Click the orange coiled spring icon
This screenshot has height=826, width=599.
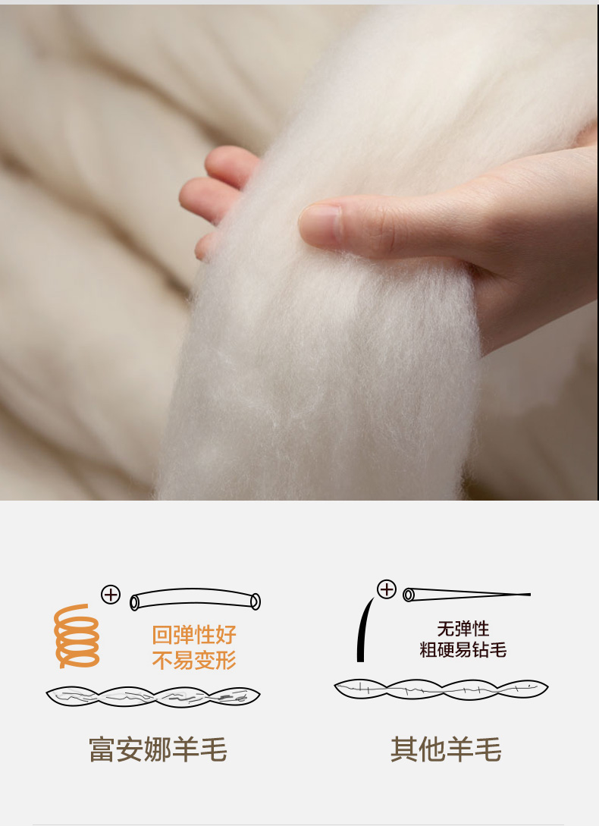click(77, 636)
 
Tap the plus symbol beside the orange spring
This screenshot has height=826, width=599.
click(111, 595)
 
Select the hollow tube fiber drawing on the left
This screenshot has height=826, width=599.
click(196, 599)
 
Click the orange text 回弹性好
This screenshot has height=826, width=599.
click(194, 635)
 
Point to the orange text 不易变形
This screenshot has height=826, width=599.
click(194, 660)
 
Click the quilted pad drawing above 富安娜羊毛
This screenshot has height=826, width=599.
click(153, 696)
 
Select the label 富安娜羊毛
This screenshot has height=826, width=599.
click(158, 749)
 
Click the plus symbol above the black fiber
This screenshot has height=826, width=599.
click(387, 589)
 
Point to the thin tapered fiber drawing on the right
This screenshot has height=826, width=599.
click(467, 595)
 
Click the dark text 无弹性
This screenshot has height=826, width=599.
click(463, 629)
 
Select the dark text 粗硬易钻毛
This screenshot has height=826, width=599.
click(463, 649)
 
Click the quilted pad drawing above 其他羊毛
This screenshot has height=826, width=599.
click(441, 689)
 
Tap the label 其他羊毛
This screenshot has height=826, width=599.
click(446, 749)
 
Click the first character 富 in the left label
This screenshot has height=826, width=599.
click(102, 749)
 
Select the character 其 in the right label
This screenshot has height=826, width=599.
click(404, 749)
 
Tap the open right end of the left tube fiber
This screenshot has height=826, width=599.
click(256, 601)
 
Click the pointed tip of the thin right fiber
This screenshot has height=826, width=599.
click(530, 594)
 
